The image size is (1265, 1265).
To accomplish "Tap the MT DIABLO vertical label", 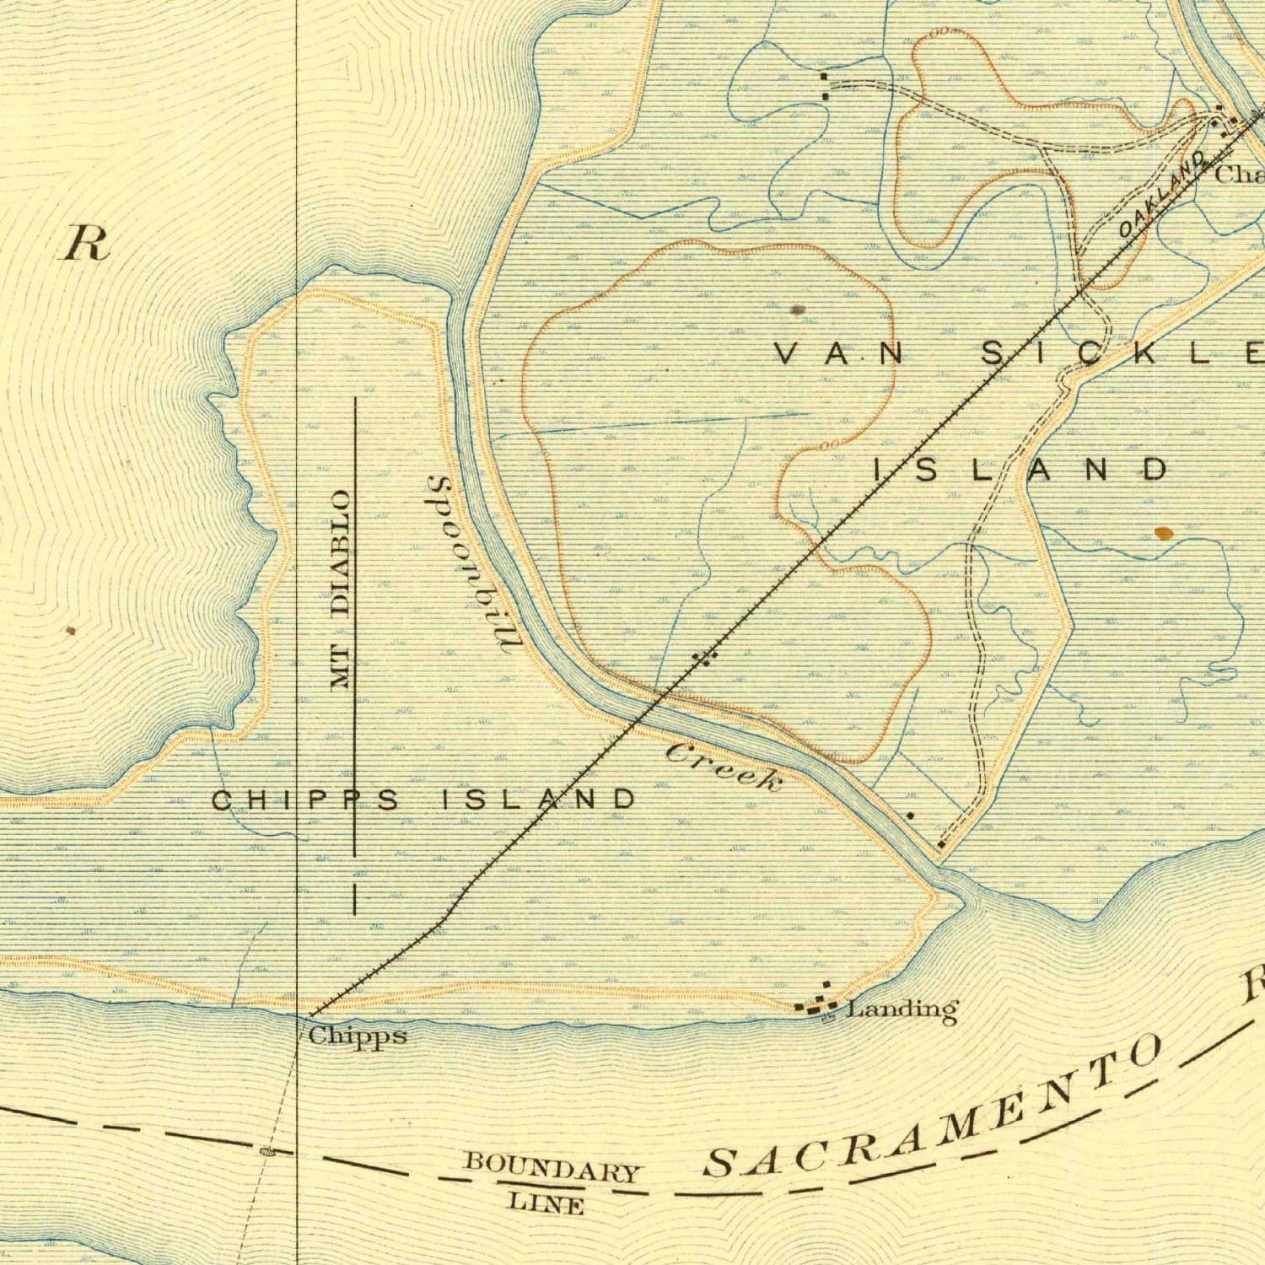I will [x=340, y=590].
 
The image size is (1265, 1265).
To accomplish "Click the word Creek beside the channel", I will [x=724, y=766].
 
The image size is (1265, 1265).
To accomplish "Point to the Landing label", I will [x=902, y=1009].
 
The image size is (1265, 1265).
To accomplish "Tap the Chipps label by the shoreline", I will [x=358, y=1035].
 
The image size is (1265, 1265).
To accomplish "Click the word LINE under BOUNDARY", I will [x=546, y=1203].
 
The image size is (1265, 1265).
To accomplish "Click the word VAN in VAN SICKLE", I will [x=839, y=354].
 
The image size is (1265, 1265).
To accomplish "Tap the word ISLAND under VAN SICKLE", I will [x=1020, y=469].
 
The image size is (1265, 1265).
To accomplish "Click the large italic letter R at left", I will [x=87, y=245].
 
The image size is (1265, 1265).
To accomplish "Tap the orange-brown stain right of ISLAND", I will [x=1164, y=532].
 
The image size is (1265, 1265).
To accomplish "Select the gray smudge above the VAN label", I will [x=799, y=310].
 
